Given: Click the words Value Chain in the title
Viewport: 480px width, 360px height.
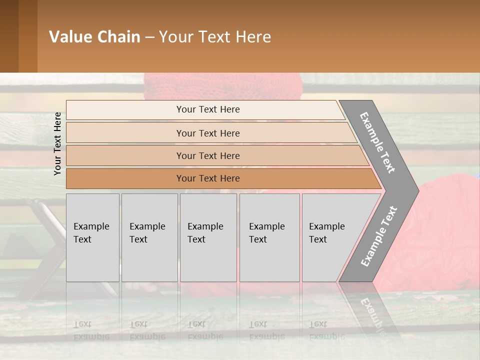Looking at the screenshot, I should (94, 37).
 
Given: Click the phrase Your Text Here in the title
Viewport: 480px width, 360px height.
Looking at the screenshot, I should (215, 37).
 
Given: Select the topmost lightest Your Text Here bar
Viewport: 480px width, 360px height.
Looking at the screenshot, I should (207, 110).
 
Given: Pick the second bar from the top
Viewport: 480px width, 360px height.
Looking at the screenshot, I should (208, 133).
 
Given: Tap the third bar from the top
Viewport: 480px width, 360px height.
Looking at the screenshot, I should (208, 156).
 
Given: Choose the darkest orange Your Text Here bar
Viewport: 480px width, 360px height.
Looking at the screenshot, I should (208, 178).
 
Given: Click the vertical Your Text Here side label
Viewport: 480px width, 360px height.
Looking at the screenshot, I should (57, 143).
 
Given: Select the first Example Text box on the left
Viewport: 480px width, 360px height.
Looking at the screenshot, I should (92, 237).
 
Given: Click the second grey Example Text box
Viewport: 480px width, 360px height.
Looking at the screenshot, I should (149, 237).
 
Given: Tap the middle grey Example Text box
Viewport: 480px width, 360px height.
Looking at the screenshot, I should (208, 237).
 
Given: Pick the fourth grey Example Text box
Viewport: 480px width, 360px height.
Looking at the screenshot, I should (269, 237).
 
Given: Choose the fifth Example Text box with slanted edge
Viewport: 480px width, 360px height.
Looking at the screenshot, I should (330, 237).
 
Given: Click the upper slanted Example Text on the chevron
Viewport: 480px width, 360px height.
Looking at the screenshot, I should (377, 142).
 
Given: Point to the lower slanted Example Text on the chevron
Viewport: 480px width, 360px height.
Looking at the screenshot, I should (378, 236).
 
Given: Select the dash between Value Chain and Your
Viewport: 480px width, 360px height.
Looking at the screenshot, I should (149, 37).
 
